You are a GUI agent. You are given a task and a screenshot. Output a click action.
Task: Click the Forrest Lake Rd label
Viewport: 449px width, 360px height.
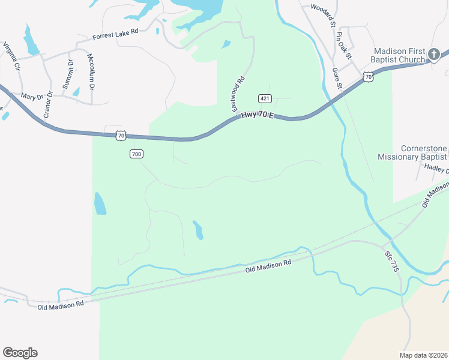(115, 36)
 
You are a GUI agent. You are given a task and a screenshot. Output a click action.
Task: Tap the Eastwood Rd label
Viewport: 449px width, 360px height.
(238, 93)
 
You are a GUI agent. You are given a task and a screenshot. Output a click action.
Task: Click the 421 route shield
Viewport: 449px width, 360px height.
(264, 98)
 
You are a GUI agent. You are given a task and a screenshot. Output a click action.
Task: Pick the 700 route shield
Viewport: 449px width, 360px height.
(136, 154)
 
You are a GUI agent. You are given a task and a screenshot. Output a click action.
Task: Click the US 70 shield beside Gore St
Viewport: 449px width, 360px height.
(368, 76)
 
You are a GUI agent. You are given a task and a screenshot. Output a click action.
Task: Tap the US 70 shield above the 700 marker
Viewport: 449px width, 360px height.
(121, 136)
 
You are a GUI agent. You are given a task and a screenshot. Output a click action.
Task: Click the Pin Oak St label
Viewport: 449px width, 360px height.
(343, 46)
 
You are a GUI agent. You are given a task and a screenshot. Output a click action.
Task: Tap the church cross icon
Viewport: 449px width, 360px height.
(434, 55)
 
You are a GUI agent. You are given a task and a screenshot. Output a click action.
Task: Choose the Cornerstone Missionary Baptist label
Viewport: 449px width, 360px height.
(413, 152)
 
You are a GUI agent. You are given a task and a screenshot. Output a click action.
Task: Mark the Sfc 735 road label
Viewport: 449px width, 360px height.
(392, 262)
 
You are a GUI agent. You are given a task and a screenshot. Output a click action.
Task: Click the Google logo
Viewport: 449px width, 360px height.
(20, 353)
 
